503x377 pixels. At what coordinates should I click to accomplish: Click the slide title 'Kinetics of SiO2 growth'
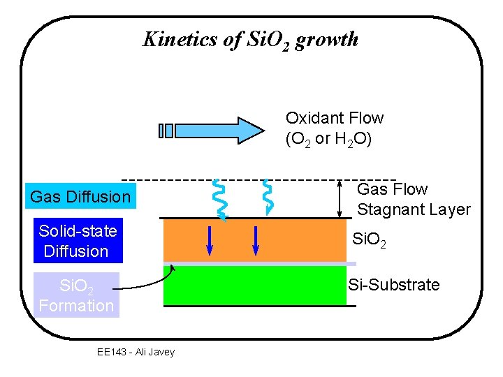(250, 40)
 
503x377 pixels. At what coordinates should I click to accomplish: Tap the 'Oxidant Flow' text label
(334, 118)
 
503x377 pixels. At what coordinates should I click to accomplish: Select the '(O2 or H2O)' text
(328, 139)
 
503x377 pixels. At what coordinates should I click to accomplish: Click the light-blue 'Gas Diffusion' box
(80, 198)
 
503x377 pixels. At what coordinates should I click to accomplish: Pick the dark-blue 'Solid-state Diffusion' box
(78, 241)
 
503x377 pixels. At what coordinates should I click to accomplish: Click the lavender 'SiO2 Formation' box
(76, 295)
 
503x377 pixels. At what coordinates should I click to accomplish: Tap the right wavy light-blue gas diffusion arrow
(266, 196)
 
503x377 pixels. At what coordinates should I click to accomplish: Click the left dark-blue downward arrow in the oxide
(210, 241)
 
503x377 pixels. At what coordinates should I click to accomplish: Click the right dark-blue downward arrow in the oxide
(256, 241)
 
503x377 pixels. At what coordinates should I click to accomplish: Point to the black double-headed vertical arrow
(340, 198)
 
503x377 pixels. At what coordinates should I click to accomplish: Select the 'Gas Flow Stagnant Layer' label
(413, 199)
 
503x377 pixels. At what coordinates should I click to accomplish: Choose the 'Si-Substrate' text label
(393, 285)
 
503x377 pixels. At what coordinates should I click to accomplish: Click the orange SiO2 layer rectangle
(300, 241)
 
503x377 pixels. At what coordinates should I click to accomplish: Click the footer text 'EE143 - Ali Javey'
(136, 352)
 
